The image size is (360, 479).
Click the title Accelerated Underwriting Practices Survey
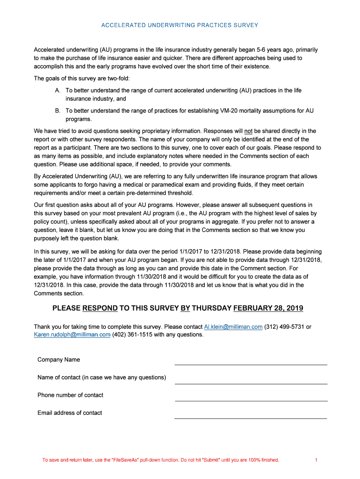[180, 25]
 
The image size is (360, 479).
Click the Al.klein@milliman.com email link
[233, 327]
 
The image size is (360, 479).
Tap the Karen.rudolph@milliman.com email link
[72, 334]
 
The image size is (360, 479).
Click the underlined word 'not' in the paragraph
[249, 131]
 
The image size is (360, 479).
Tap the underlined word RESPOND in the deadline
[100, 308]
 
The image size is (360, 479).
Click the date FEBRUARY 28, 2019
[268, 308]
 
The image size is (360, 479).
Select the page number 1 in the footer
[317, 460]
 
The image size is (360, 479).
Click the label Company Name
[59, 360]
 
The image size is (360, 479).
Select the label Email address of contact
[70, 413]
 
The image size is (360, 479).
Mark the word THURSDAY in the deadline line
[212, 308]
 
